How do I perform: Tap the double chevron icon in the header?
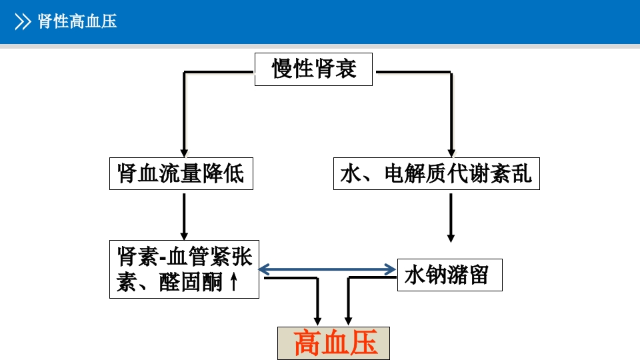tap(23, 22)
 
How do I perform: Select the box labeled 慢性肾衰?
tap(314, 69)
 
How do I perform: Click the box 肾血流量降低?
tap(181, 174)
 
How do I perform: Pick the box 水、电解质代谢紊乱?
tap(436, 174)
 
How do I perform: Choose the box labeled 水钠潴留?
tap(449, 275)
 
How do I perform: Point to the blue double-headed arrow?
tap(327, 269)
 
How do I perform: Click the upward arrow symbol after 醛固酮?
tap(233, 283)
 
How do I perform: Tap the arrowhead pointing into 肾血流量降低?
tap(184, 152)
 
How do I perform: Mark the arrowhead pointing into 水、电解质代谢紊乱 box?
tap(451, 152)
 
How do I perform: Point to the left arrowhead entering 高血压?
tap(318, 319)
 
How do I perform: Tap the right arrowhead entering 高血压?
tap(347, 319)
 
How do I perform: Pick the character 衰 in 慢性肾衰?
tap(345, 69)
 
